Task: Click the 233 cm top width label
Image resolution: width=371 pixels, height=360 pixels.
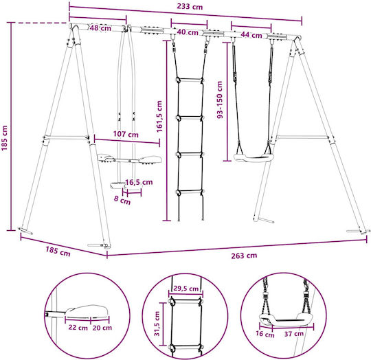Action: (x=190, y=6)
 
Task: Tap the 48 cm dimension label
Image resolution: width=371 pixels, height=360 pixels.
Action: (x=100, y=28)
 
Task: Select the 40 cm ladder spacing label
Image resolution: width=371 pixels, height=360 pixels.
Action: (x=188, y=32)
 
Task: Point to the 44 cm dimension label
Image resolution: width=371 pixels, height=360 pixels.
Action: (x=251, y=35)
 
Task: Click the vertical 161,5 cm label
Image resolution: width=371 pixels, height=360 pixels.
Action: (x=159, y=116)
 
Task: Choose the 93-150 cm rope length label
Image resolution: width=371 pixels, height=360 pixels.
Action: (x=220, y=100)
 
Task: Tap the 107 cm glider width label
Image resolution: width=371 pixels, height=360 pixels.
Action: (x=126, y=135)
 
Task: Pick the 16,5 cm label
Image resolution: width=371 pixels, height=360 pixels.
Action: (x=139, y=182)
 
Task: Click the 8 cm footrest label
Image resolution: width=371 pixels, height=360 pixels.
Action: (x=122, y=200)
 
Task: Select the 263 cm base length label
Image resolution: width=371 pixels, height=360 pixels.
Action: (x=244, y=256)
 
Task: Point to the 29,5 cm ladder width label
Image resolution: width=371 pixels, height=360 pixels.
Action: (x=186, y=289)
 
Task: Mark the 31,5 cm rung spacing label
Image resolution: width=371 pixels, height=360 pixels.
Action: (x=157, y=324)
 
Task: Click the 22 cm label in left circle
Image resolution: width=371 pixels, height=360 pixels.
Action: (x=78, y=328)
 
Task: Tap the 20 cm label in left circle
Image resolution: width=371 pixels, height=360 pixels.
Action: (x=102, y=328)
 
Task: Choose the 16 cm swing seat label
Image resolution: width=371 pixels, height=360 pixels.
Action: (x=265, y=334)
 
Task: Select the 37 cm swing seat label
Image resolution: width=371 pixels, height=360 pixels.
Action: (x=294, y=334)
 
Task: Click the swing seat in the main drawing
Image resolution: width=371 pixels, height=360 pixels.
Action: (x=252, y=158)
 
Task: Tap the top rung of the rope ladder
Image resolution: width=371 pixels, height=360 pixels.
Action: (x=190, y=80)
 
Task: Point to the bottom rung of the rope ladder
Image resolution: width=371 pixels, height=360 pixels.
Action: (x=190, y=192)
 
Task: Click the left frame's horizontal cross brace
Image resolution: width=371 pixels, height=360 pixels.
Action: (x=65, y=137)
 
